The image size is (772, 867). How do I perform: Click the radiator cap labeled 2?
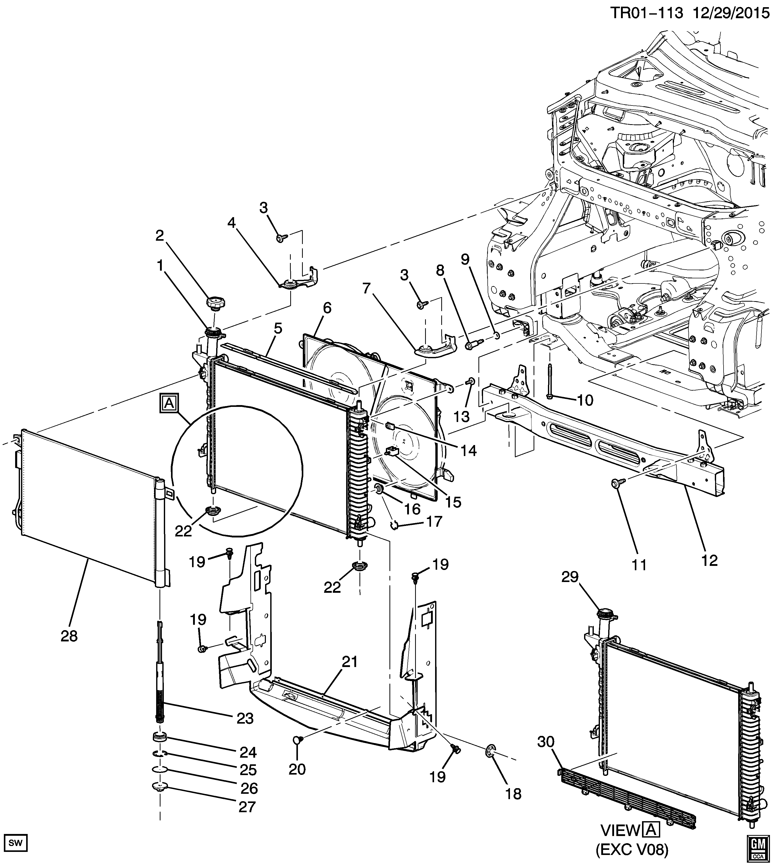pyautogui.click(x=216, y=304)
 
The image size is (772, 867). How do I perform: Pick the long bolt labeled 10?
pyautogui.click(x=550, y=381)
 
